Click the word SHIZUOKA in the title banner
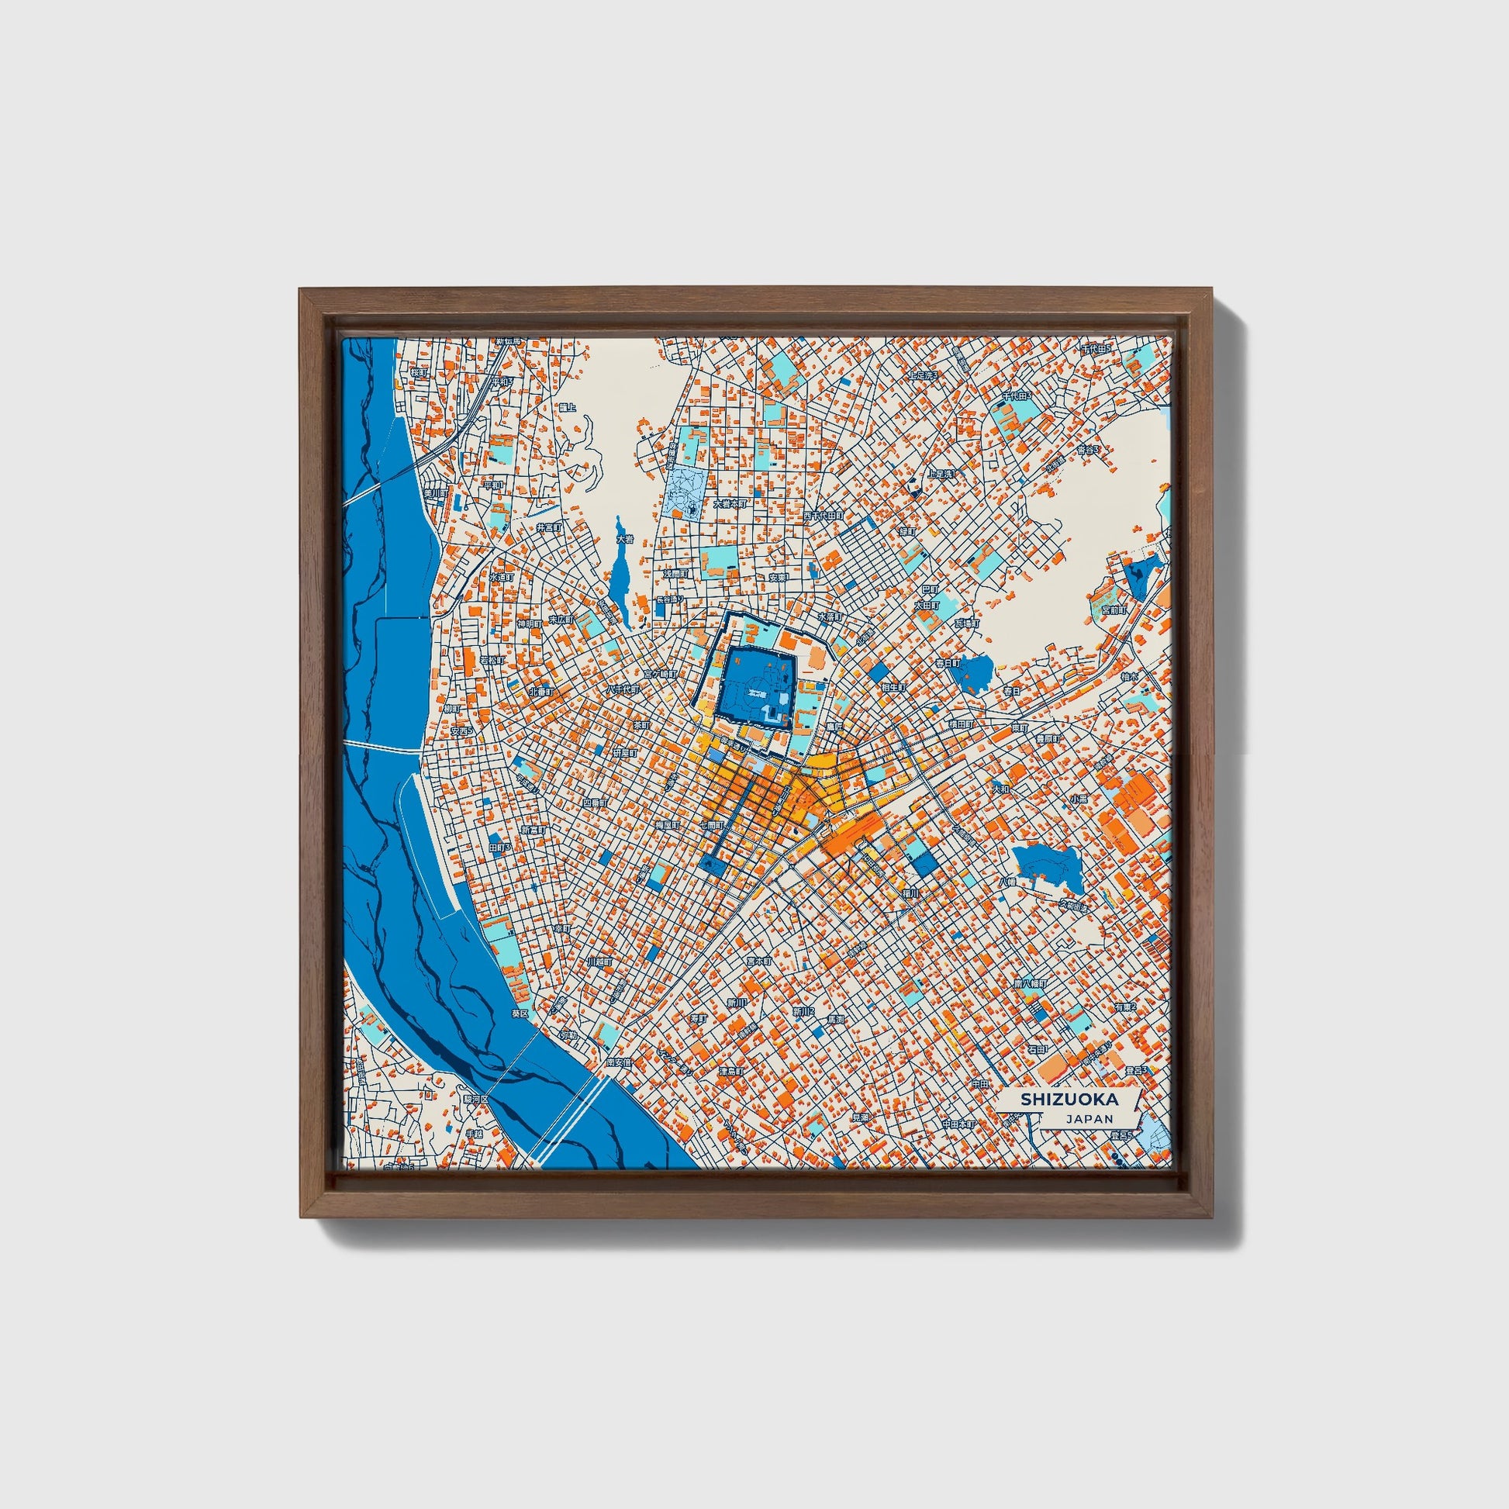[x=1069, y=1099]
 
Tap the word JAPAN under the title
[x=1088, y=1118]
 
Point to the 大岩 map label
[x=623, y=539]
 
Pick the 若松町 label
[x=492, y=660]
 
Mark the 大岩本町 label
[x=730, y=504]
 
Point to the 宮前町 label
[x=1114, y=610]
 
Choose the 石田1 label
[x=1038, y=1051]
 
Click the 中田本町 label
[x=958, y=1124]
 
